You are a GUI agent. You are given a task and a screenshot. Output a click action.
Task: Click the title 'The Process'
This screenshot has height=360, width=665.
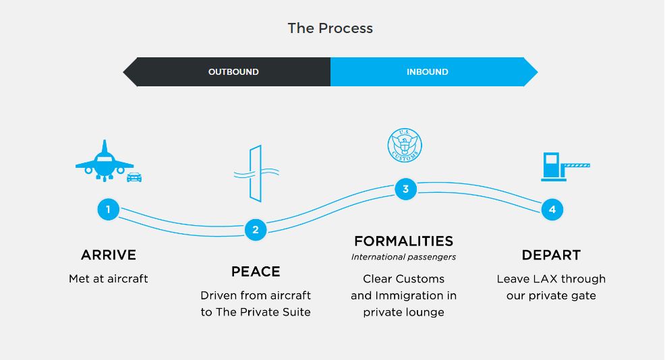pos(330,28)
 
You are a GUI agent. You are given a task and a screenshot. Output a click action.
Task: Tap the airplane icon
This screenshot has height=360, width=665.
pos(105,160)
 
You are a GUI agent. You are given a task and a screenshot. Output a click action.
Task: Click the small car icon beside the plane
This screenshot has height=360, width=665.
pos(134,177)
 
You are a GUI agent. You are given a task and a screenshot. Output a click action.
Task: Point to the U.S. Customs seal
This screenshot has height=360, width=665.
pos(405,146)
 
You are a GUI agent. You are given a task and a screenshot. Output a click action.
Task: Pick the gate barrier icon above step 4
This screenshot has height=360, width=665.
pos(565,167)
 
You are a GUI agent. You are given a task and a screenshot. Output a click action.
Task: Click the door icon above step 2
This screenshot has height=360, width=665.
pos(256,173)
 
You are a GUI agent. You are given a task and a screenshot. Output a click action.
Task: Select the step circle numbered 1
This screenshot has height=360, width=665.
pos(108,209)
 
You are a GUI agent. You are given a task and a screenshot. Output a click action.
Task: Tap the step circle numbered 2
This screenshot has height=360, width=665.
pos(256,230)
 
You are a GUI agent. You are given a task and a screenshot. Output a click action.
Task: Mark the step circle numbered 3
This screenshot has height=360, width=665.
pos(405,189)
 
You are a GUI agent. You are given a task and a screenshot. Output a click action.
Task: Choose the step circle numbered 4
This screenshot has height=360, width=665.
pos(552,210)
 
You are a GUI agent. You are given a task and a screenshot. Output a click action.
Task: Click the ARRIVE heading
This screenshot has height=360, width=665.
pos(109,255)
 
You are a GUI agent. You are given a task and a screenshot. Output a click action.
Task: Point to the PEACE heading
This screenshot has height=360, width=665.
pos(256,272)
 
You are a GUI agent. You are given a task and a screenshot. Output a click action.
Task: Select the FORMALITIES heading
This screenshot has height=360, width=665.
pos(404,241)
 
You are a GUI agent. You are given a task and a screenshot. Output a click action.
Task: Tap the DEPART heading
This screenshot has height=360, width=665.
pos(551,255)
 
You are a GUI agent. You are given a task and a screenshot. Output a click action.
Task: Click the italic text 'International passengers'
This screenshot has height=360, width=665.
pos(403,257)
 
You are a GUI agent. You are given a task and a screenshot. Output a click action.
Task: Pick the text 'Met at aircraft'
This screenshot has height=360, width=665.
pos(109,278)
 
